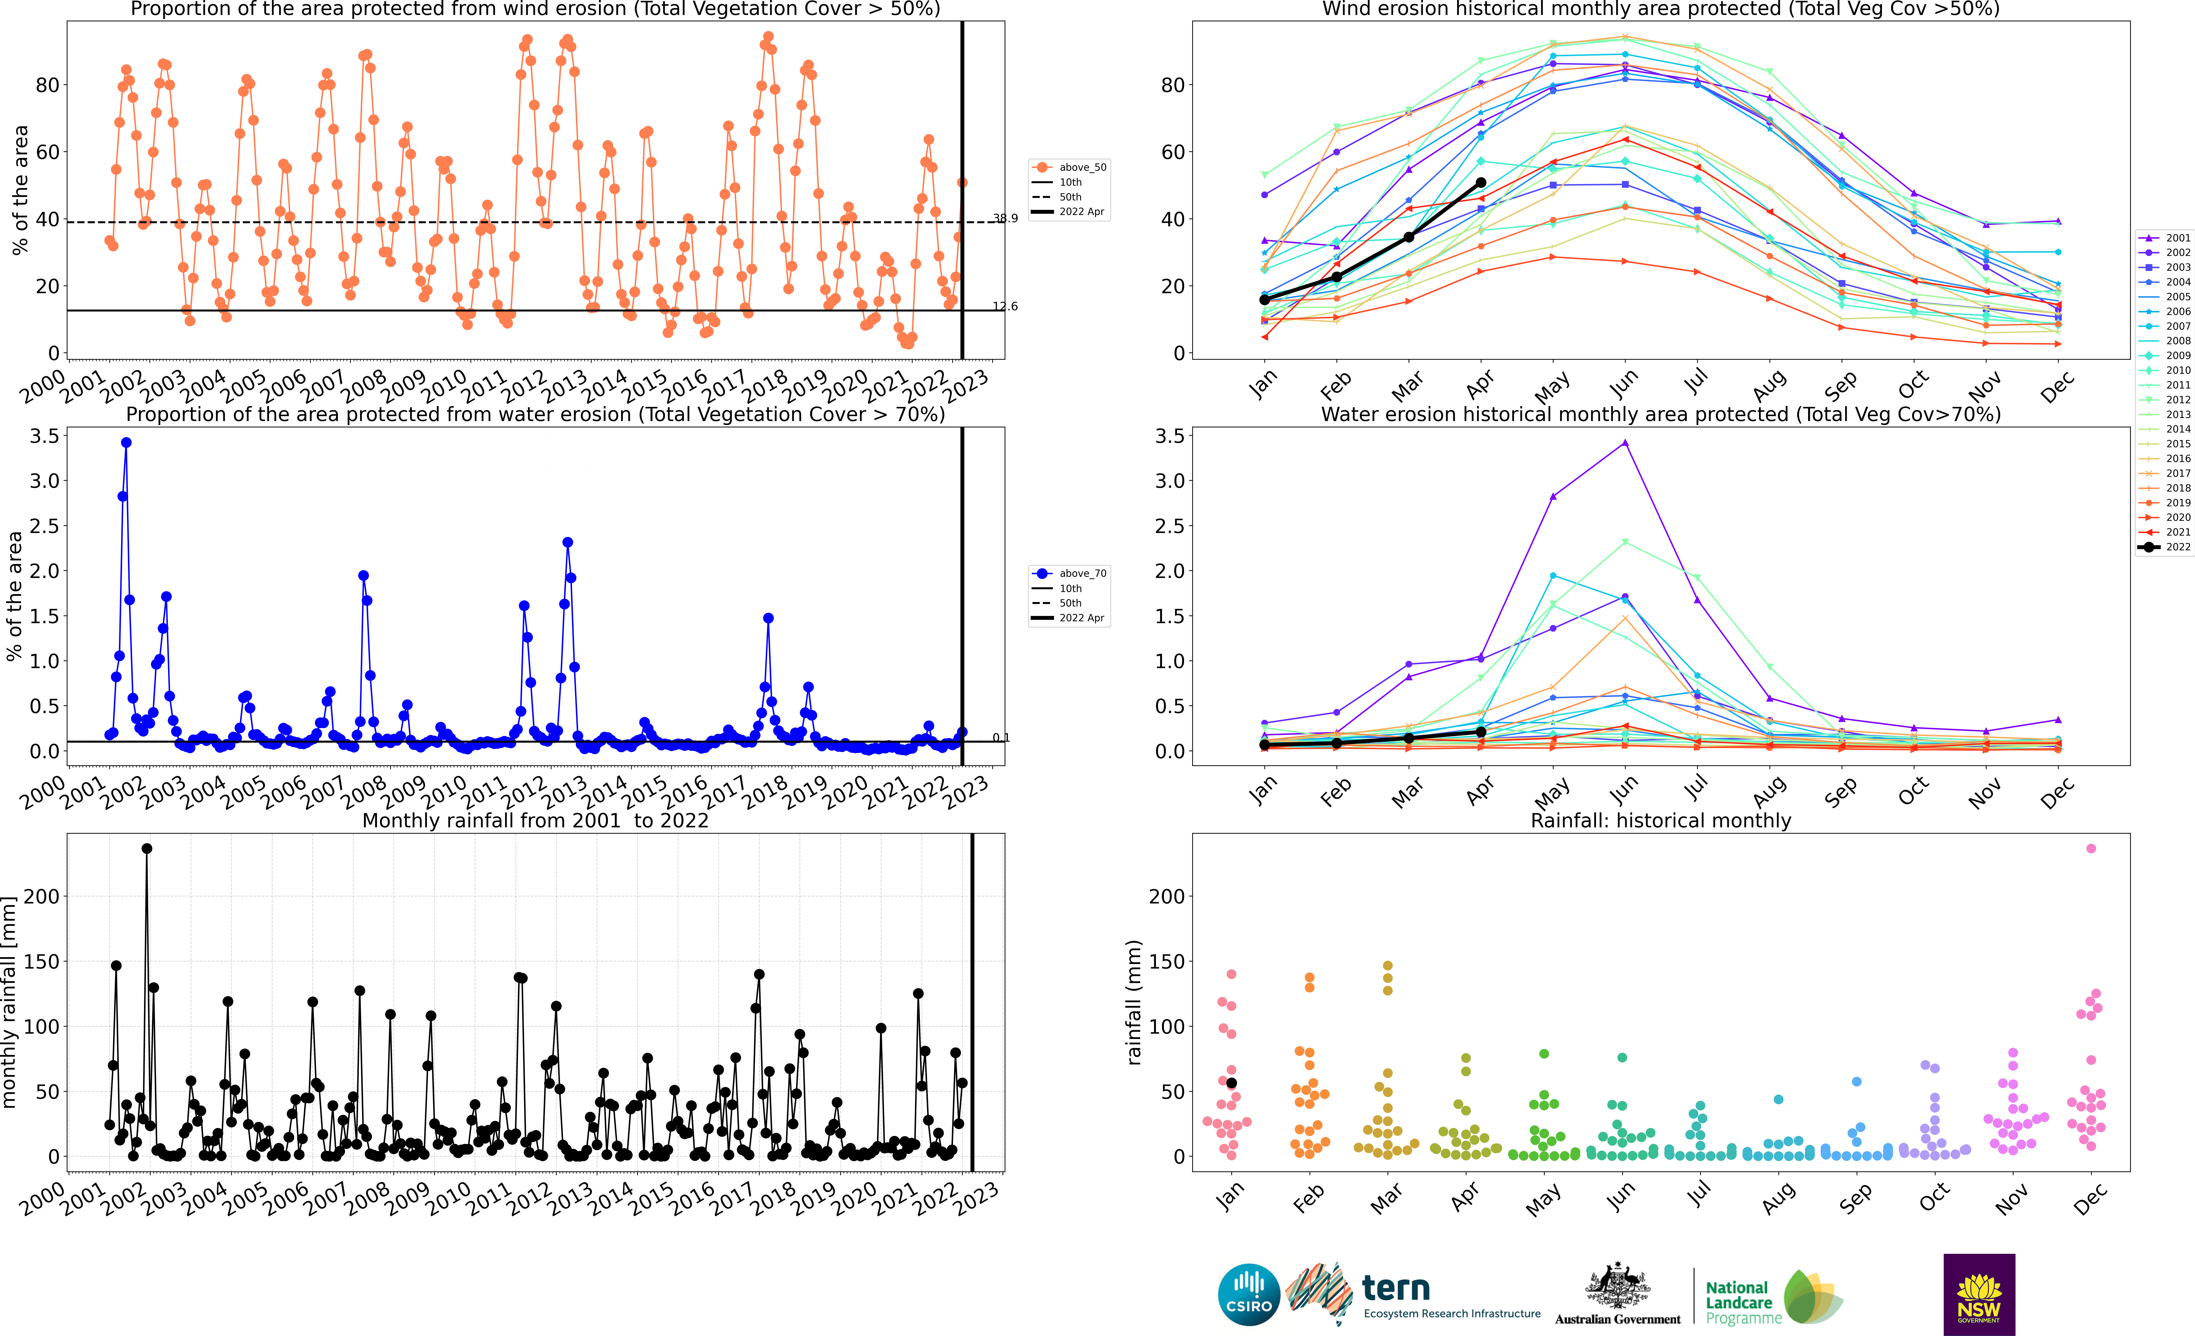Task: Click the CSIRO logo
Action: [1249, 1295]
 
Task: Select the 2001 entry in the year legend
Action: [2165, 238]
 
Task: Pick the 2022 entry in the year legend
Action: [2165, 547]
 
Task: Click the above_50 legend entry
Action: [1069, 167]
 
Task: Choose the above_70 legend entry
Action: [1069, 574]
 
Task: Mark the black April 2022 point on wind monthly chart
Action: [1481, 183]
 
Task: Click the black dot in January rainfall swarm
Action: [1232, 1083]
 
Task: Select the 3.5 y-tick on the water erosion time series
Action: [44, 436]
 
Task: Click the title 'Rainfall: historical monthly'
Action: [1661, 820]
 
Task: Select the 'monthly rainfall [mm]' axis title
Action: [10, 1002]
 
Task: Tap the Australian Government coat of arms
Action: [1617, 1286]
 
